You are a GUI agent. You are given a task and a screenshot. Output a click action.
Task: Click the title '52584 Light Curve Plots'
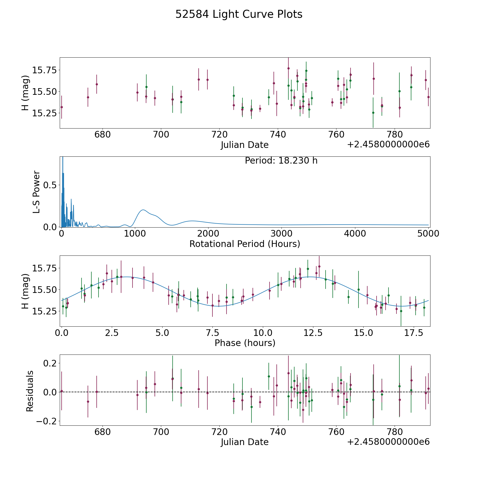(239, 14)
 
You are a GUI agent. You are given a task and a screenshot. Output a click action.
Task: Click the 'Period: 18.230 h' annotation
(281, 161)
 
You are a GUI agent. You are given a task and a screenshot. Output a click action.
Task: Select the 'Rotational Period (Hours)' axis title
(245, 244)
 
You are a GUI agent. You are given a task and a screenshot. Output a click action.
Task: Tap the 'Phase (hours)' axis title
(245, 343)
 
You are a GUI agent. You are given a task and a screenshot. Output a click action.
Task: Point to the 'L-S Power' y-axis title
(36, 192)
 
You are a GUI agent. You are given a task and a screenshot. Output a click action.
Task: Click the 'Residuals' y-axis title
(30, 391)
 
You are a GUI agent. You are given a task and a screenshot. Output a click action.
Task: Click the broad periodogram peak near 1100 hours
(143, 210)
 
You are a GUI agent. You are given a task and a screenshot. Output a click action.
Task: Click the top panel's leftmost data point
(62, 107)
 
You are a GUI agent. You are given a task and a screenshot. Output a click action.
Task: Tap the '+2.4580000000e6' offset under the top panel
(388, 144)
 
